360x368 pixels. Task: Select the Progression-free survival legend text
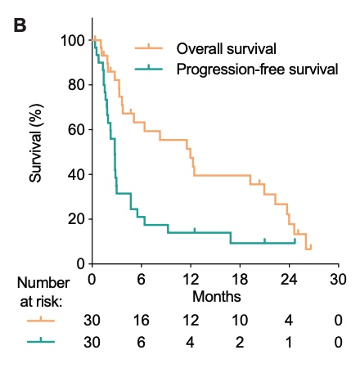point(257,69)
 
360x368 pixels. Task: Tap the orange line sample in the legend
point(148,47)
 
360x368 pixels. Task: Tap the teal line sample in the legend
point(148,70)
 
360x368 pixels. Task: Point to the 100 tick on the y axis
point(72,40)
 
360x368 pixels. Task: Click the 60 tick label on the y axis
point(76,129)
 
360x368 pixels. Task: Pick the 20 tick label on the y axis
point(76,219)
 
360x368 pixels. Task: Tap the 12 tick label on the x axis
point(190,278)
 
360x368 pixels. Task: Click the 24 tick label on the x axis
point(288,278)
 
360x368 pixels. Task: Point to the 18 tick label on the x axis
point(239,278)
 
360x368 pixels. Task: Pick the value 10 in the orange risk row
point(239,321)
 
